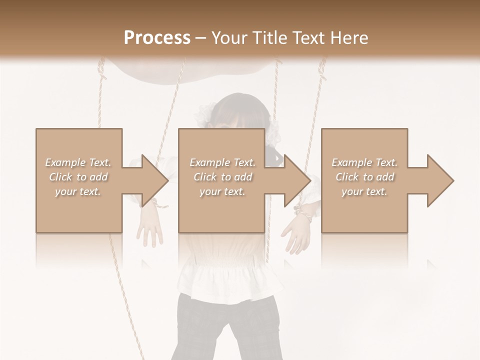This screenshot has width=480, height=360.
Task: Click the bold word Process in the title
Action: [157, 38]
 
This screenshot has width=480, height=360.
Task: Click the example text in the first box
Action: [78, 177]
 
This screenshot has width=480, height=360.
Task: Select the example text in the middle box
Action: [222, 177]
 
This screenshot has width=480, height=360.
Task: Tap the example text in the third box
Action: [364, 177]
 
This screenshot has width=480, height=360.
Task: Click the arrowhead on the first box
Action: [152, 180]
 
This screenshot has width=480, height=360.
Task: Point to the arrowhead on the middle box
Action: [295, 180]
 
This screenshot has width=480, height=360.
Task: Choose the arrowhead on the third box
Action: [438, 180]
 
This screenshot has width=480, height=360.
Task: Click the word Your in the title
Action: [226, 38]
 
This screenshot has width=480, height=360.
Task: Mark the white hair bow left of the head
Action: [205, 115]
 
